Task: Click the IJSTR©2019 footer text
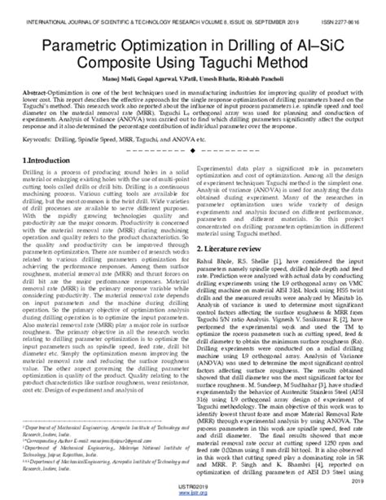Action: tap(192, 488)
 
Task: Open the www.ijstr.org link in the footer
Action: tap(192, 494)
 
